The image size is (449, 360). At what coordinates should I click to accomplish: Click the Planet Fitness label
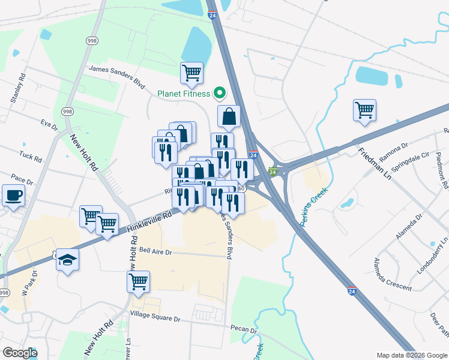coord(184,94)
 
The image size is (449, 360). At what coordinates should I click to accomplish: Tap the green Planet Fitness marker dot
coord(219,93)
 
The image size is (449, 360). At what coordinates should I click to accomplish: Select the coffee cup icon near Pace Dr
coord(13,194)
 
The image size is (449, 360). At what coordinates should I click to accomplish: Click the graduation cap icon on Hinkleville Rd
coord(68,260)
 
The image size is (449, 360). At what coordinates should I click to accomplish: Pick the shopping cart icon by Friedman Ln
coord(364,110)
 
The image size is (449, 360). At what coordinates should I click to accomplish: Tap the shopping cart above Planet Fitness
coord(191,73)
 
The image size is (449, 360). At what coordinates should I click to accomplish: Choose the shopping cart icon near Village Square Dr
coord(138,281)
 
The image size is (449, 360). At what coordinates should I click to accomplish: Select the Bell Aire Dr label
coord(155,252)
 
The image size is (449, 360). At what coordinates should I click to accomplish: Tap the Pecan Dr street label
coord(244,329)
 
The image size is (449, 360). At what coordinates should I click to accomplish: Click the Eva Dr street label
coord(49,127)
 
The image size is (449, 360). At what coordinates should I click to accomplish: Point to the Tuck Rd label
coord(30,157)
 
